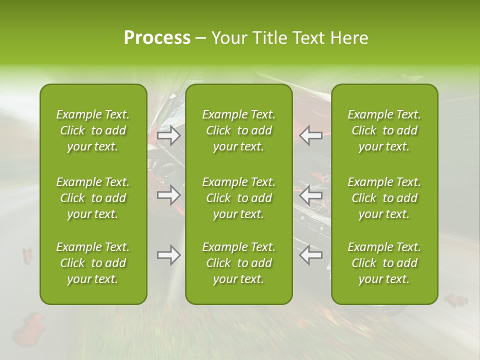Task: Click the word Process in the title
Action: tap(157, 38)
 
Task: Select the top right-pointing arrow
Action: tap(169, 135)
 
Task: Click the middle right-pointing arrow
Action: tap(169, 195)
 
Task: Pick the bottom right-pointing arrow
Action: tap(169, 255)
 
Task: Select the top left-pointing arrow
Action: tap(310, 135)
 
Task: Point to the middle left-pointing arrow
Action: tap(310, 195)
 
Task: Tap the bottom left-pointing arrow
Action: tap(310, 255)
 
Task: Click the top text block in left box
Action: tap(93, 130)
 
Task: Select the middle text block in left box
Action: tap(93, 198)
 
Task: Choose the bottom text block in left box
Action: tap(93, 263)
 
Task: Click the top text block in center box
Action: tap(238, 130)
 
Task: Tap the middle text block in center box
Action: tap(238, 198)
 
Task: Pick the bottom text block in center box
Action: tap(238, 263)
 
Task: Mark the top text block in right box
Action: tap(384, 130)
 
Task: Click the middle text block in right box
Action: tap(384, 198)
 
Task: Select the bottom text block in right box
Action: tap(384, 263)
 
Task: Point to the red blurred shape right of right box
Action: tap(455, 300)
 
